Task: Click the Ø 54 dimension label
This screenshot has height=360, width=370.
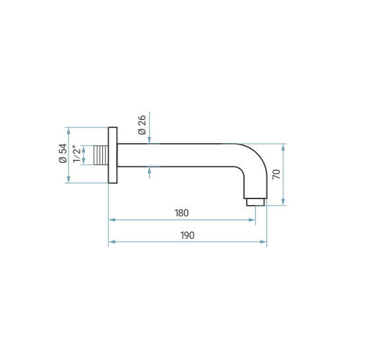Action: coord(63,153)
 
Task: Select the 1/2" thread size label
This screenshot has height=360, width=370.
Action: coord(77,154)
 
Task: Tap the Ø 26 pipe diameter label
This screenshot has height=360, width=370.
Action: coord(142,125)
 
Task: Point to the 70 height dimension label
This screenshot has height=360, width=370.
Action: coord(276,174)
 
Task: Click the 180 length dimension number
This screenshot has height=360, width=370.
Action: coord(181,213)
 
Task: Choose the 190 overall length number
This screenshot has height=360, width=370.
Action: coord(187,235)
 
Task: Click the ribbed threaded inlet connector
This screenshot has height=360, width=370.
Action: coord(101,155)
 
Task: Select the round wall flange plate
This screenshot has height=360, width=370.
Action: coord(113,155)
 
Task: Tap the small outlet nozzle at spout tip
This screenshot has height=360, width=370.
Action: coord(255,202)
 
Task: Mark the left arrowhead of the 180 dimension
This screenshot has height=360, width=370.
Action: coord(112,220)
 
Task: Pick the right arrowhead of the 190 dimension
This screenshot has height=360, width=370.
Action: coord(263,242)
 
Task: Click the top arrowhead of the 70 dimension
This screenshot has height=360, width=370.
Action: coord(283,147)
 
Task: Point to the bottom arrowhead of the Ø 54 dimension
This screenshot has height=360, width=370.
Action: coord(69,179)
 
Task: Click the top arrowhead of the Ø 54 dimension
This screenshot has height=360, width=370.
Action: coord(69,131)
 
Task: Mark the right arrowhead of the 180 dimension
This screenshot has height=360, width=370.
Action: coord(252,220)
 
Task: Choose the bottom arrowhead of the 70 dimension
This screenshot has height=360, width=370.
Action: coord(283,202)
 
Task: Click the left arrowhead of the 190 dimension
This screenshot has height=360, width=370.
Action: coord(112,242)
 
